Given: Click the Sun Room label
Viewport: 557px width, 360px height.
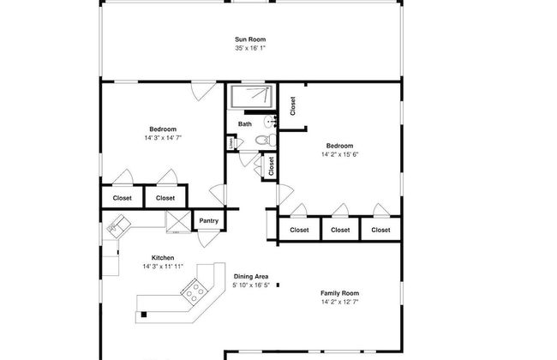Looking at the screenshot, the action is point(250,39).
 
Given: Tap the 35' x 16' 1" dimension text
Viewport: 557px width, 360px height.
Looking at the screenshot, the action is point(250,48).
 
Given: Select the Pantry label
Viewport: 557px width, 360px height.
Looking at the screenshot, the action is point(208,220).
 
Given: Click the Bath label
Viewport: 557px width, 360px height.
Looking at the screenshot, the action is point(245,124).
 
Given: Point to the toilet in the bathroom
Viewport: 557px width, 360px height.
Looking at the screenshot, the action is point(266,140).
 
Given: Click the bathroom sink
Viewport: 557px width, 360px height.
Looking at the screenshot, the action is point(270,122).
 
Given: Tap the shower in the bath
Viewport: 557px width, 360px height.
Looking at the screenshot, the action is point(252,96).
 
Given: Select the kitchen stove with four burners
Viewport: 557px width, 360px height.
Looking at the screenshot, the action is point(195,291).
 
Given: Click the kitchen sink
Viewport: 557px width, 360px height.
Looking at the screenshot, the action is point(118,224).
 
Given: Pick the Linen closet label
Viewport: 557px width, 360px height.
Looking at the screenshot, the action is point(231,143).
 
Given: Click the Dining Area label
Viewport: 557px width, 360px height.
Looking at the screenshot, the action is point(251,277).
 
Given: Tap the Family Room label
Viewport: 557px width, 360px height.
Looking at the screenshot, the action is point(339,293).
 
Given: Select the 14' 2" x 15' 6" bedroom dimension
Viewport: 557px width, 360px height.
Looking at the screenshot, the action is point(339,154).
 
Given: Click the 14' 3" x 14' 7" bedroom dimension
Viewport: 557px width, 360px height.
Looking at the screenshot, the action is point(163,137).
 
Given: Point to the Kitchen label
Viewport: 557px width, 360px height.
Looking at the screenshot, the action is point(163,258).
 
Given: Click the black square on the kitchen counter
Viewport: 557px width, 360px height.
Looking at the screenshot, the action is point(144,315).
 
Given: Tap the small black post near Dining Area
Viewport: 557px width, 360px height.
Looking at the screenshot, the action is point(278,285).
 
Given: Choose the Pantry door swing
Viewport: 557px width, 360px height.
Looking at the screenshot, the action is point(208,238).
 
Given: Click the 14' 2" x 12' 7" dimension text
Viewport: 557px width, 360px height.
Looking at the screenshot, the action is point(339,302).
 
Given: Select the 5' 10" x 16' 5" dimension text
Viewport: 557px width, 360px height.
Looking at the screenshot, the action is point(251,285).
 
